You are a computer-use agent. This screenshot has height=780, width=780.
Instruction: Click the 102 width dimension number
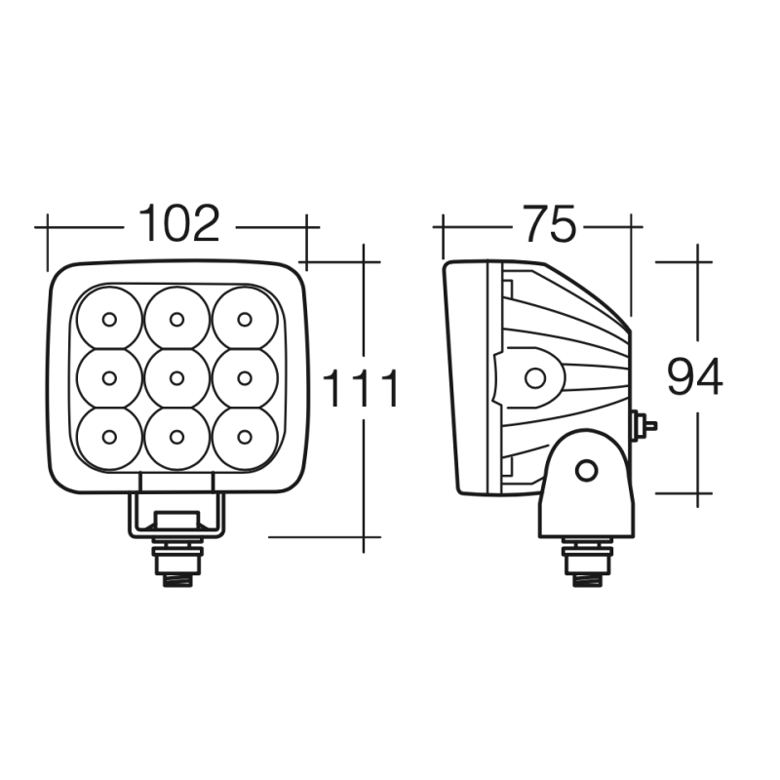pyautogui.click(x=178, y=224)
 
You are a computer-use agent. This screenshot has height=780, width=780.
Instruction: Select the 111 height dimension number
pyautogui.click(x=361, y=388)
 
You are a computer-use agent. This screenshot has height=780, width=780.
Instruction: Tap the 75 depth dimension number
pyautogui.click(x=550, y=224)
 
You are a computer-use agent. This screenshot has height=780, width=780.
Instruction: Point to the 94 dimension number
pyautogui.click(x=694, y=377)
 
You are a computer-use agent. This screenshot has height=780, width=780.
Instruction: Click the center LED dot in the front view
pyautogui.click(x=176, y=378)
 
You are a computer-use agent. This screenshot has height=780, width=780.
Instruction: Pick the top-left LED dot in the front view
pyautogui.click(x=109, y=320)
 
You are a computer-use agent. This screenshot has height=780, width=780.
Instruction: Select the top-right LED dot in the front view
pyautogui.click(x=245, y=320)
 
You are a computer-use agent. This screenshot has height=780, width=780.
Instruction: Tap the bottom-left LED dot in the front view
pyautogui.click(x=109, y=437)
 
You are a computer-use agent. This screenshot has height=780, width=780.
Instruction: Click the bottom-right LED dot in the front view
pyautogui.click(x=245, y=437)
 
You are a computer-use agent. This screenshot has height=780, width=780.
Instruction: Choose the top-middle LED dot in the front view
pyautogui.click(x=176, y=320)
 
